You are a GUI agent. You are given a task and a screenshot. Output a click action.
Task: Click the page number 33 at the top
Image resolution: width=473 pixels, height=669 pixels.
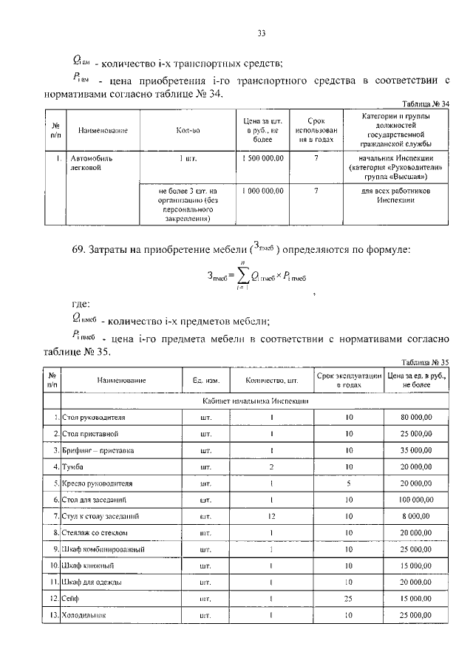point(261,33)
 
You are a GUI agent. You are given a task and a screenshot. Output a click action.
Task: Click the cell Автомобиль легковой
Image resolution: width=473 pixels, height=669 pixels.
point(92,163)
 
